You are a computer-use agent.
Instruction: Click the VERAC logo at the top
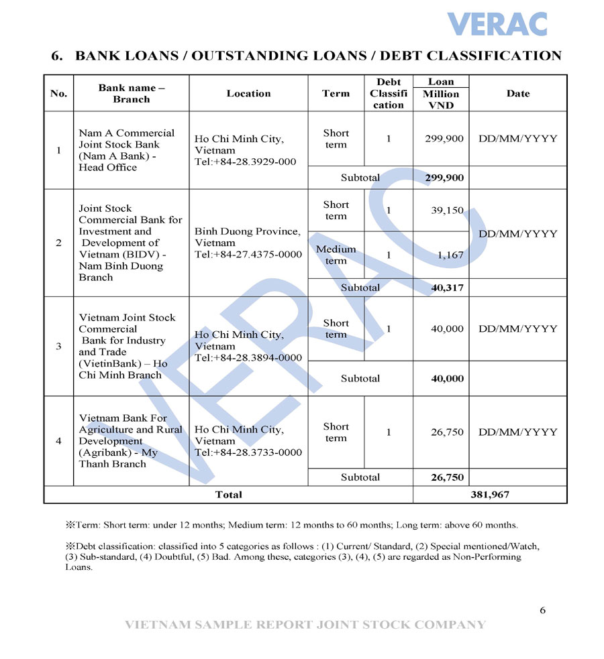497,24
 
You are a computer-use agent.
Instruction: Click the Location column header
248,94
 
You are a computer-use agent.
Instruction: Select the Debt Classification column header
389,94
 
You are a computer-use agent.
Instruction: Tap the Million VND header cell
441,100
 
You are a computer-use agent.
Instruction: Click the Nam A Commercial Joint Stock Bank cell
127,150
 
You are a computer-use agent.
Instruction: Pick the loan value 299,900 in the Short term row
444,139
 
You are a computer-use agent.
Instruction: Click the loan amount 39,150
447,211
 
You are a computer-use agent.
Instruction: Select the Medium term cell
336,255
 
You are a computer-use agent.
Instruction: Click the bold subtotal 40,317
447,288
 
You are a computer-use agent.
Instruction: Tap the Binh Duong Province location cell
248,243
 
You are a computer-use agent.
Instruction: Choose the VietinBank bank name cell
127,346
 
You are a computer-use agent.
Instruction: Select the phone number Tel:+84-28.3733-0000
248,453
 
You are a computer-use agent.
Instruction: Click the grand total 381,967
490,495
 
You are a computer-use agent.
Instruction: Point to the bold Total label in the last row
228,495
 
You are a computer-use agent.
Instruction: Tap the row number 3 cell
58,346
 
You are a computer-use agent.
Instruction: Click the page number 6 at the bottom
542,610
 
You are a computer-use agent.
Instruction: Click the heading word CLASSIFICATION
494,56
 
